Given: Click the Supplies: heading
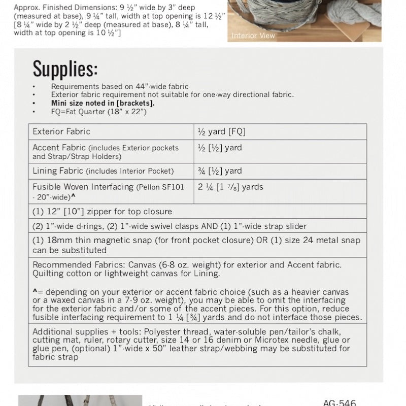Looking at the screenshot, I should [65, 67].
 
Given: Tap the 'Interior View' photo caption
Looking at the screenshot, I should [253, 36].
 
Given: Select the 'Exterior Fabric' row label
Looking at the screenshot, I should [61, 131].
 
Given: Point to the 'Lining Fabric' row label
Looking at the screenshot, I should [57, 171].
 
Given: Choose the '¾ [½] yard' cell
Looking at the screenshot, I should [220, 171].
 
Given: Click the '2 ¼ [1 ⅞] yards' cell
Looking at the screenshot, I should [231, 187].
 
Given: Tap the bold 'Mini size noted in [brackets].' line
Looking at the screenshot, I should [103, 103].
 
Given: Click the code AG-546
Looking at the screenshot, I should [340, 402].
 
